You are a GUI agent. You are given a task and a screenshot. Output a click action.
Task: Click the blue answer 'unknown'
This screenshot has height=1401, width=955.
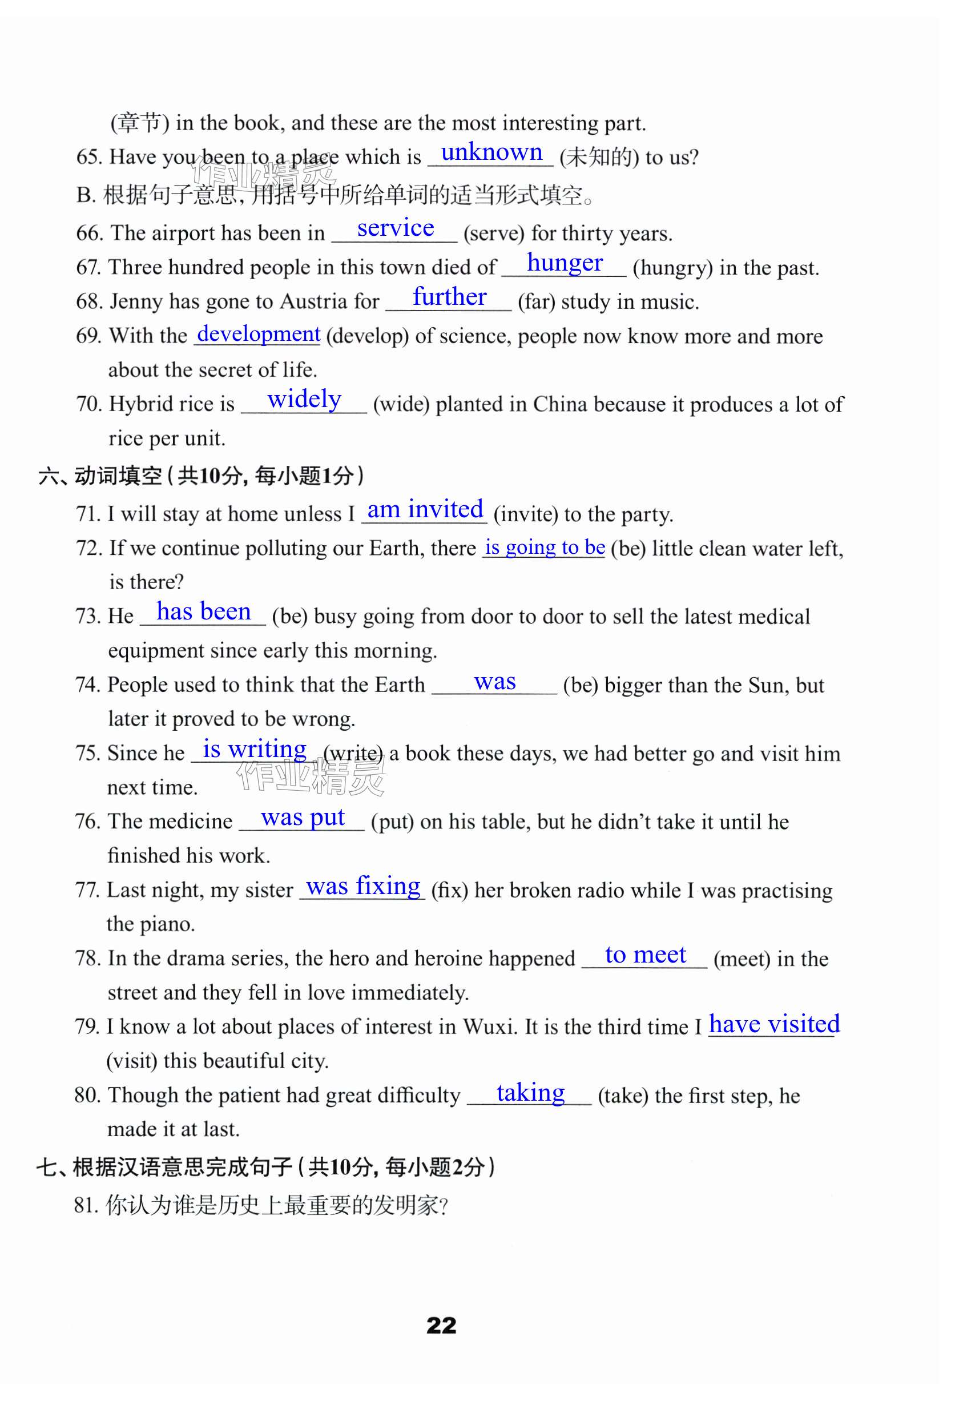click(x=491, y=152)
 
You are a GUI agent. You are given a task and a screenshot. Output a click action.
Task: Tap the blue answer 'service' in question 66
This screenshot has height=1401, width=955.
click(x=395, y=228)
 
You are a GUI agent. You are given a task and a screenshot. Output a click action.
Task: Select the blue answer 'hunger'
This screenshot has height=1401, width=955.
click(x=565, y=263)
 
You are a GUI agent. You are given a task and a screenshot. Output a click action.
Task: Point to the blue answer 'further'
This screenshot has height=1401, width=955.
click(x=449, y=297)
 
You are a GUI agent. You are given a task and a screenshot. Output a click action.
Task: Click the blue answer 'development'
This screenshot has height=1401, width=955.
click(x=258, y=334)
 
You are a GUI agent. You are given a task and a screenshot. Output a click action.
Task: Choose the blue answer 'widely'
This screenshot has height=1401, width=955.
click(x=304, y=400)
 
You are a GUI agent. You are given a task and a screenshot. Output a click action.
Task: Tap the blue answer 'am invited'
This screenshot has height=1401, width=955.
click(x=425, y=509)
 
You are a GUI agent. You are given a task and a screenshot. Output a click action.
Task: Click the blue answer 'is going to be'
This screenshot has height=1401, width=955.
click(x=545, y=547)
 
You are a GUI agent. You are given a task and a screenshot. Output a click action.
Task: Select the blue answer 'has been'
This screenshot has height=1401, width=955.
click(x=203, y=612)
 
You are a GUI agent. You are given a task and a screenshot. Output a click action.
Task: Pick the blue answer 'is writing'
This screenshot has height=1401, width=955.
click(x=255, y=750)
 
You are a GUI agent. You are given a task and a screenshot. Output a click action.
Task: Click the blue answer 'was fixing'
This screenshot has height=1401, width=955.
click(x=363, y=886)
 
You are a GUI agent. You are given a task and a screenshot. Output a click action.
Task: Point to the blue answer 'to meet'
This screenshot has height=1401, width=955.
click(x=645, y=955)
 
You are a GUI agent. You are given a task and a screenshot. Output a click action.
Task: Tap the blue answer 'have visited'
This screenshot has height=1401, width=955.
click(x=773, y=1024)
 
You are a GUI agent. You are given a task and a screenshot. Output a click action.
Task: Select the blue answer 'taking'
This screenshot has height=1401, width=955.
click(x=530, y=1093)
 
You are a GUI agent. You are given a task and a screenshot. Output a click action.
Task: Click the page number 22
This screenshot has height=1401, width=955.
click(x=441, y=1326)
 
